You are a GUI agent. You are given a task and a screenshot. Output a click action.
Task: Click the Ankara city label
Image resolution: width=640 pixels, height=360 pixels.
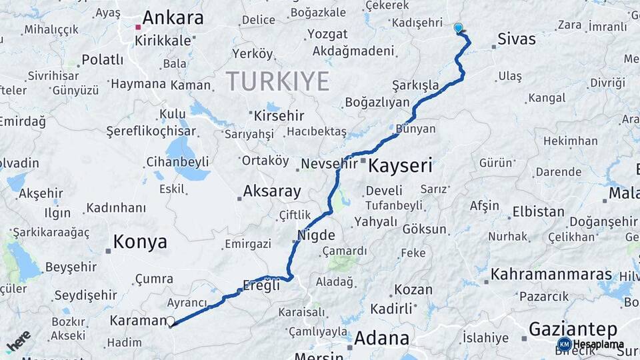pos(173,18)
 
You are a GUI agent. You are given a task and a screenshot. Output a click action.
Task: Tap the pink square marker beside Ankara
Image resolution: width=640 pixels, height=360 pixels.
pos(138,27)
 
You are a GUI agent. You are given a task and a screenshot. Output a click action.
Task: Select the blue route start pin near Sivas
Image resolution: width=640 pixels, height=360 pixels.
pos(458,28)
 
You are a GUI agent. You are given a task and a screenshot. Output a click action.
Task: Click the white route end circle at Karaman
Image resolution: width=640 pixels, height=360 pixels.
pos(171,321)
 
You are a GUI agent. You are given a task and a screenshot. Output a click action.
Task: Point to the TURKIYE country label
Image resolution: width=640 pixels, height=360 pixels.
pos(277,81)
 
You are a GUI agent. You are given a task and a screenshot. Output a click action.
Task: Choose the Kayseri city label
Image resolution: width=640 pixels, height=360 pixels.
pos(400,165)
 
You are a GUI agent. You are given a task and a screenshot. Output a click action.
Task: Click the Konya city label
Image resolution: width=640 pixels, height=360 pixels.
pos(140,242)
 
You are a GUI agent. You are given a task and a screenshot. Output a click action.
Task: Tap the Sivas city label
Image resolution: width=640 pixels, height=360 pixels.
pos(517,39)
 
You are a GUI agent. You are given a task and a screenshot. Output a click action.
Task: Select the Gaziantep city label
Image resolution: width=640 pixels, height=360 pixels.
pos(573,329)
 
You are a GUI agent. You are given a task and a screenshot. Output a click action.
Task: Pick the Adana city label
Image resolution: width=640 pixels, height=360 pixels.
pos(381,338)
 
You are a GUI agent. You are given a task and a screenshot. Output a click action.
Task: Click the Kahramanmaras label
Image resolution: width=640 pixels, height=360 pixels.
pos(551,275)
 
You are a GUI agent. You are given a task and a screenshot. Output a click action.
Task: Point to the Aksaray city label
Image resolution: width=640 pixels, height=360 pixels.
pos(272,191)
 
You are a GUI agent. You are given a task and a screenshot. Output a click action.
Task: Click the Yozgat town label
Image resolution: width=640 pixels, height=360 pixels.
pos(327,34)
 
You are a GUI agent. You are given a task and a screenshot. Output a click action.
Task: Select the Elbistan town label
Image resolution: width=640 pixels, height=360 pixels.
pos(538,213)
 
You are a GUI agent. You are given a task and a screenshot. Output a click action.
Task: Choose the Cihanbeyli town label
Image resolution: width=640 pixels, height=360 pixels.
pos(177,161)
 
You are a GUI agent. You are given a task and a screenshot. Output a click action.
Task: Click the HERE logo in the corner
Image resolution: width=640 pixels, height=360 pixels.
pos(18,341)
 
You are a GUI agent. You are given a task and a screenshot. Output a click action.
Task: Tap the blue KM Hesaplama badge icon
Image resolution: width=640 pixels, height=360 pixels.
pos(564,344)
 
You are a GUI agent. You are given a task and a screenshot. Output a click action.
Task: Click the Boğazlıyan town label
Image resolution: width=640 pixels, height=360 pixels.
pos(377,103)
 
